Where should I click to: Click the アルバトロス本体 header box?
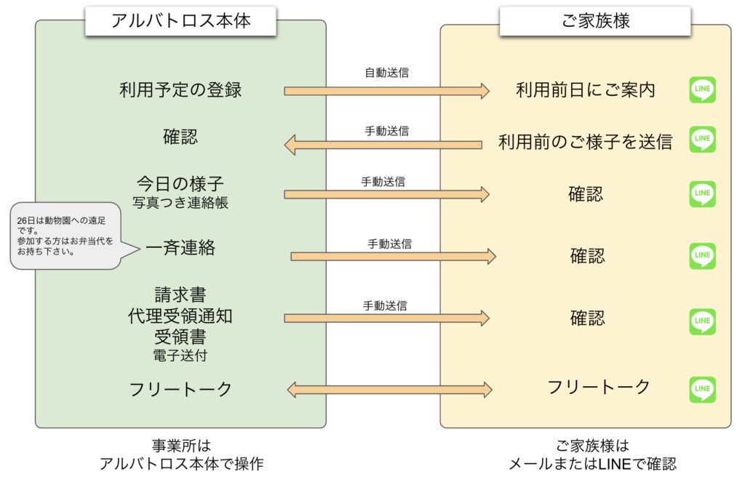tap(180, 20)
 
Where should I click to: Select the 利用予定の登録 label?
tap(180, 90)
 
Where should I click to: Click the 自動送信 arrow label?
tap(386, 73)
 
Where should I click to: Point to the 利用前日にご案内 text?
tap(585, 90)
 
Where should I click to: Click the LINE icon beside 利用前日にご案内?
tap(702, 90)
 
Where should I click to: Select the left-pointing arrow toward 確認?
tap(383, 145)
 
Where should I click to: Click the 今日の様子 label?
tap(180, 183)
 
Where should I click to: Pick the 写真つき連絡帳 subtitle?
tap(180, 203)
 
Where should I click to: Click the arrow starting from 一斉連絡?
tap(393, 256)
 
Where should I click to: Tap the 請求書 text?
tap(180, 294)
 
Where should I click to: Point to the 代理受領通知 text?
tap(180, 316)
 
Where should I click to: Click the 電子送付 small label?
tap(180, 356)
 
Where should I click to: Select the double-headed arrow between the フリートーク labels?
tap(389, 390)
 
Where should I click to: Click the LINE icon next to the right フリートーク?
tap(702, 390)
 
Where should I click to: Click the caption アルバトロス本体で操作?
tap(180, 464)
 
